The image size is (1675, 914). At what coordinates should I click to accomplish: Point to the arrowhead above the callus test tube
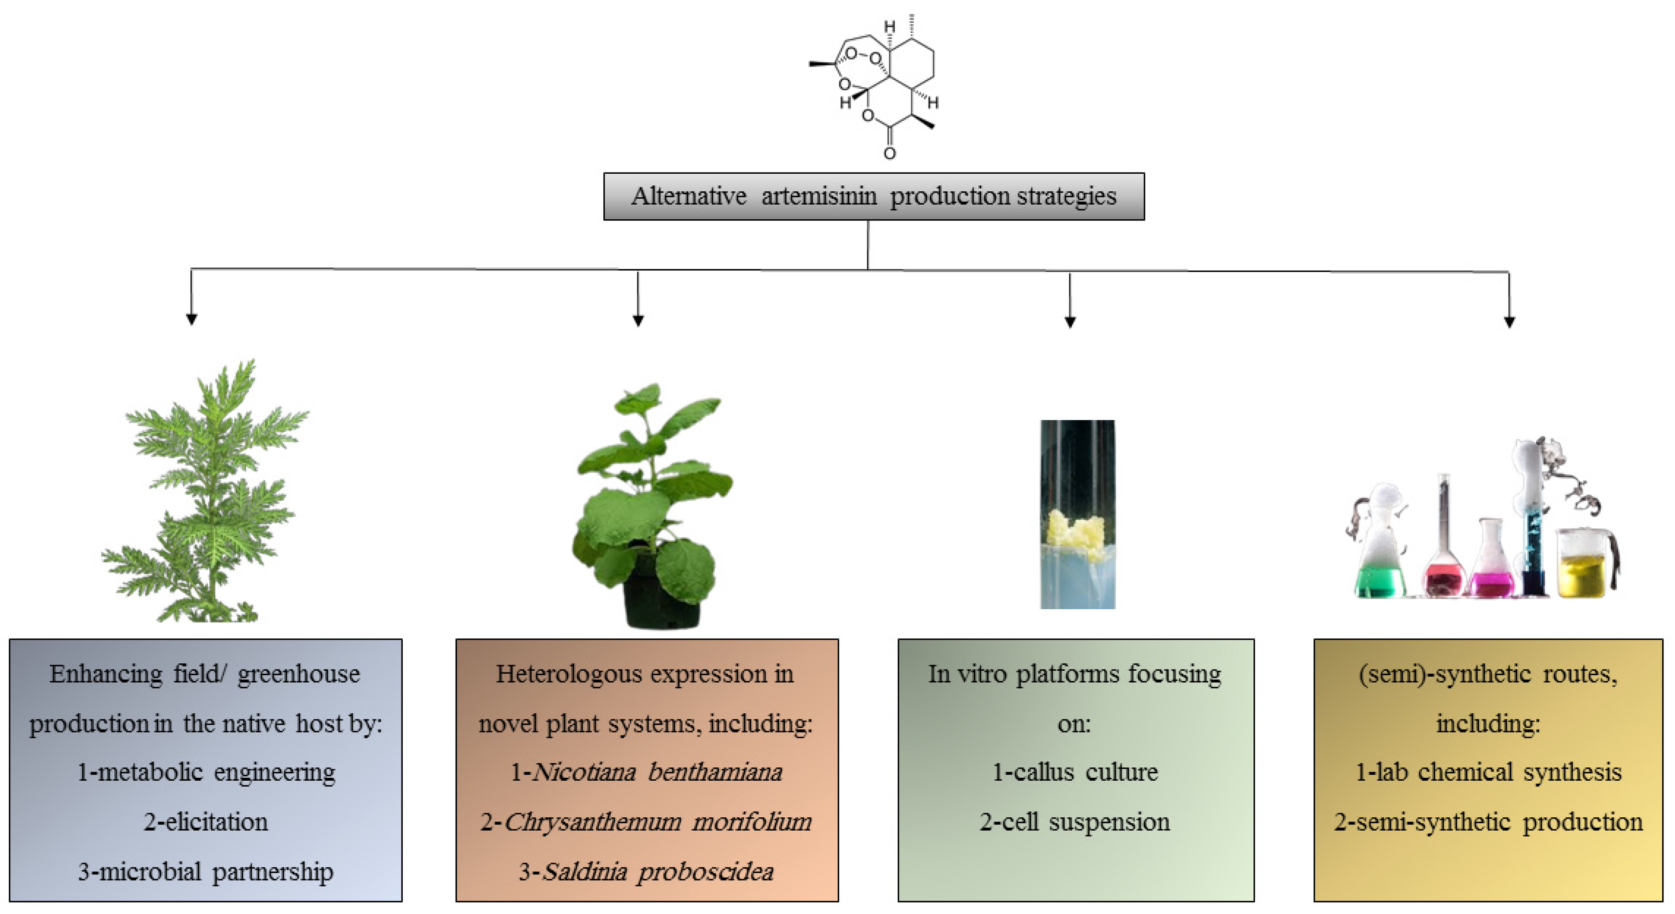[x=1070, y=322]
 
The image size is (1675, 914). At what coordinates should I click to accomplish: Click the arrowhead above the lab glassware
[x=1509, y=322]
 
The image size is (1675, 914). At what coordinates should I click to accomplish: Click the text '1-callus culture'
[x=1075, y=772]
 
